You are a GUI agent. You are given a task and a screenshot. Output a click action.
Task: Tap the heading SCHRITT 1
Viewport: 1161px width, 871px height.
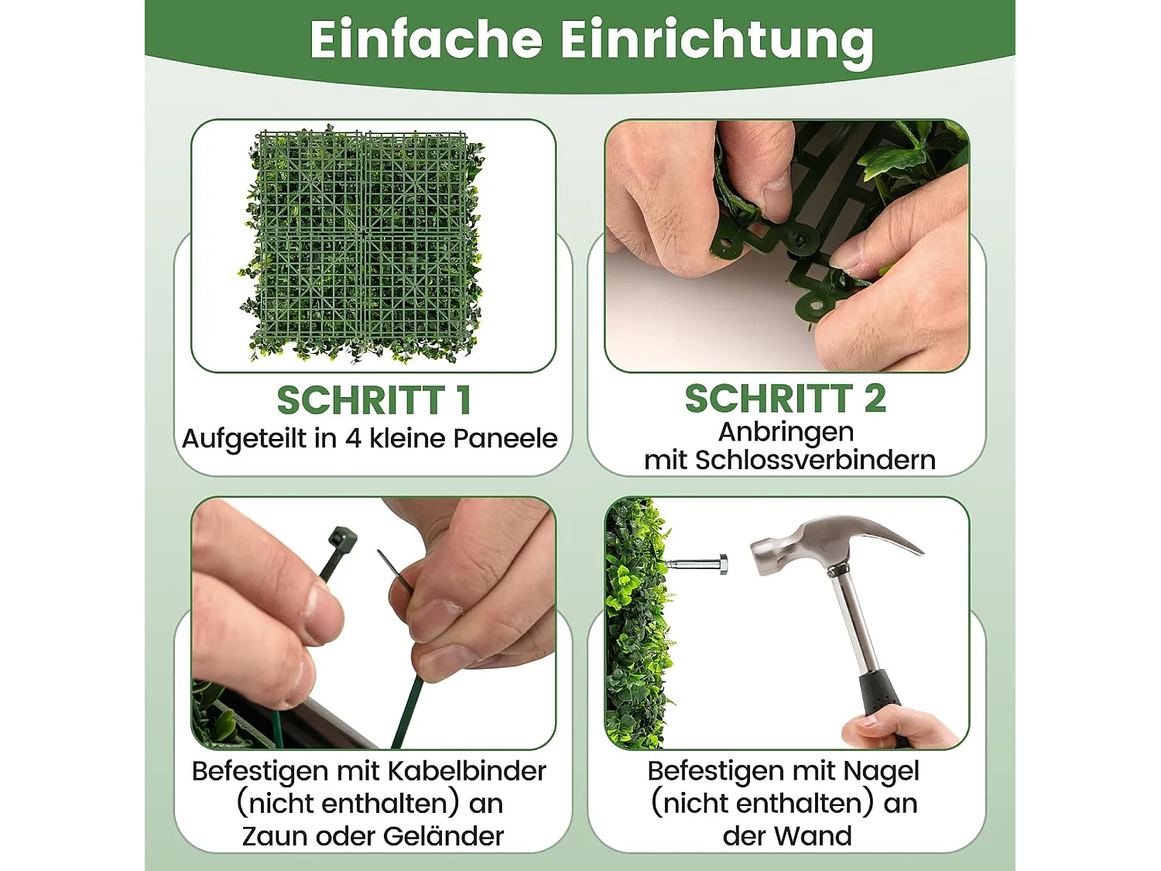click(374, 400)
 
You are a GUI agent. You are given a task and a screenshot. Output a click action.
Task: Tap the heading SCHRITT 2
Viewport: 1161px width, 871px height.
click(785, 399)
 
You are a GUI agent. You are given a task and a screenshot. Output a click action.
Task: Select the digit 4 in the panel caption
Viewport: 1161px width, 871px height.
click(353, 438)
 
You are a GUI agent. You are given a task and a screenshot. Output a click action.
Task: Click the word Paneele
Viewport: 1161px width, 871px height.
click(505, 438)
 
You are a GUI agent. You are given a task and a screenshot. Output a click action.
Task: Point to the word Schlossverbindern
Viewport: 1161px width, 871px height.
click(815, 460)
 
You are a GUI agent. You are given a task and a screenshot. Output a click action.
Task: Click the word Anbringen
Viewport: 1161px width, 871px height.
click(786, 431)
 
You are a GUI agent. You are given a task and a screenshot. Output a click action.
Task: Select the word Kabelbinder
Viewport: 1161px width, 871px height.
click(467, 771)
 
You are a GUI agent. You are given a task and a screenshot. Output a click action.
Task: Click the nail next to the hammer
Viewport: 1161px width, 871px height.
click(696, 564)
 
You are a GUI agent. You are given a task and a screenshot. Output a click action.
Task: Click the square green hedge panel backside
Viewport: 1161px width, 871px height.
click(364, 244)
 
